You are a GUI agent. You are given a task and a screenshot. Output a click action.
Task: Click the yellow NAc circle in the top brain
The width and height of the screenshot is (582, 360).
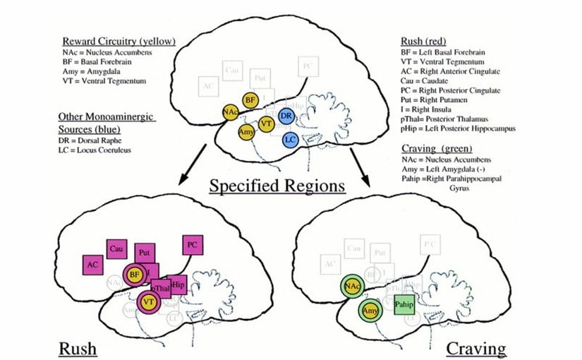229,112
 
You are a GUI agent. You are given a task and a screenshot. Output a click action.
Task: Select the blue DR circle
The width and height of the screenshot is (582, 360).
286,116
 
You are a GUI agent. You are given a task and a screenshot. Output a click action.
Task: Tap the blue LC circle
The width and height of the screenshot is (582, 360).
289,140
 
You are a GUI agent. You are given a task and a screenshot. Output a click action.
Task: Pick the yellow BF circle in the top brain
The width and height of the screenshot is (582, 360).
250,101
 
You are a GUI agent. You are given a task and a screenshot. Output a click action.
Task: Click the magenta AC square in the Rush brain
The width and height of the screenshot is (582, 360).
92,265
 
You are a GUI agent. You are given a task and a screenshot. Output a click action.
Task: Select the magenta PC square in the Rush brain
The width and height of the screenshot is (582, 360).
192,245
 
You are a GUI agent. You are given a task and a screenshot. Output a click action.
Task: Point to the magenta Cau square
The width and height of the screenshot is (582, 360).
116,248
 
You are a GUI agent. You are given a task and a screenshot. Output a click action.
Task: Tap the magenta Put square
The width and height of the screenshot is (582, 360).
145,252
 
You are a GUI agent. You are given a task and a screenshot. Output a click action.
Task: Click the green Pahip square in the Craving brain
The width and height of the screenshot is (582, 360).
404,303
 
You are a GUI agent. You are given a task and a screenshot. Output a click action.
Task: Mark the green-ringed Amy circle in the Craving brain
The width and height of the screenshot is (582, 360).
369,311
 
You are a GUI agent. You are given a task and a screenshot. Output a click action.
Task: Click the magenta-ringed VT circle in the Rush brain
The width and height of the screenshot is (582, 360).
149,301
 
